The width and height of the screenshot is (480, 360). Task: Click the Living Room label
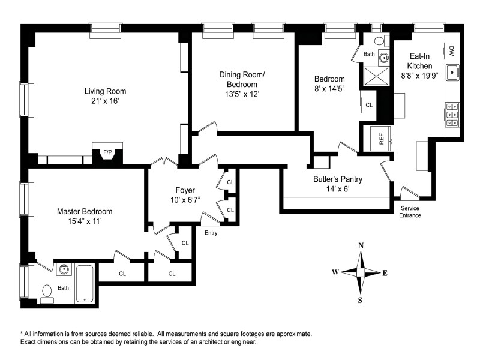pos(106,91)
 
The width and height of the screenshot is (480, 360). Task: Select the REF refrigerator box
pos(381,139)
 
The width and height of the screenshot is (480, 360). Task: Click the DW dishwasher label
pos(452,50)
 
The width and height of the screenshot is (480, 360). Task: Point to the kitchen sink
pos(452,73)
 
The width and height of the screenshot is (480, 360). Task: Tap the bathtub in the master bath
pos(85,284)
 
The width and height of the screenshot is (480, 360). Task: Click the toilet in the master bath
pos(47,294)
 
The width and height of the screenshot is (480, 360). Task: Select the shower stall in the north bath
pos(376,77)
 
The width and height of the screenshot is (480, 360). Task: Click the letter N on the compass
pos(361,245)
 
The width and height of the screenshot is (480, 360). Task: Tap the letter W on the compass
pos(335,272)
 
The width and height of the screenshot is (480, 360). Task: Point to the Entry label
pos(211,233)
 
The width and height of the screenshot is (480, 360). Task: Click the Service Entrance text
pos(410,212)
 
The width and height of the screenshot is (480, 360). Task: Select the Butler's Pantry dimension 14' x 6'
pos(338,188)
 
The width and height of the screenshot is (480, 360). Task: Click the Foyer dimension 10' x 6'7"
pos(185,200)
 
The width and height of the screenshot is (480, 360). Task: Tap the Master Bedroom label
pos(85,211)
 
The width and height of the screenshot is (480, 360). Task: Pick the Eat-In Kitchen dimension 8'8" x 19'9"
pos(419,76)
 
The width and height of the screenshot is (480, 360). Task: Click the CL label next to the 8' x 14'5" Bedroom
pos(369,105)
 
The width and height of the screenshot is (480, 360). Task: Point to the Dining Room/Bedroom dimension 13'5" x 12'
pos(242,94)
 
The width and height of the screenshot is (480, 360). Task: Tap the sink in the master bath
pos(64,269)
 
